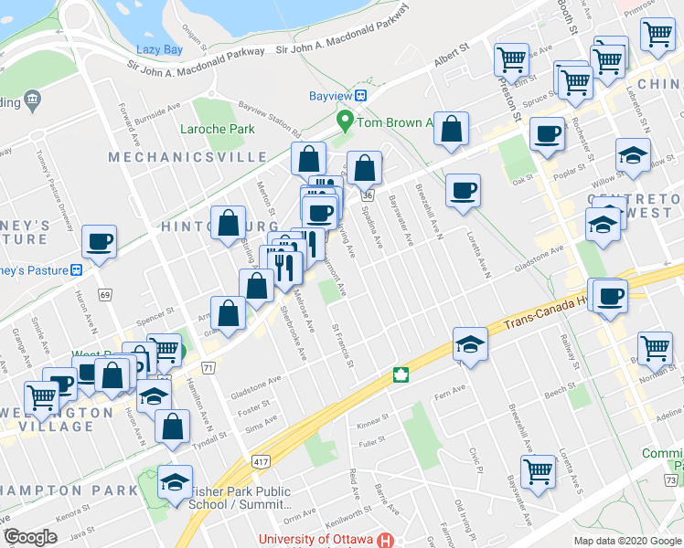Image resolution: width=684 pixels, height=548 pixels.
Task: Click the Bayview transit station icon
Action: [362, 95]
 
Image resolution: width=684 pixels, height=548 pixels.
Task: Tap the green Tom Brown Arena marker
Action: [345, 121]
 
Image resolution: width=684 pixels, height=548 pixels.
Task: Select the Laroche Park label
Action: [218, 129]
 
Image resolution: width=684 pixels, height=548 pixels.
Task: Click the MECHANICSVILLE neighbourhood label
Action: [166, 157]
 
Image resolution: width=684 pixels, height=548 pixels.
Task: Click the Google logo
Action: [30, 537]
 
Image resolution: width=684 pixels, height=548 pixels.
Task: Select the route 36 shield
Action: [367, 195]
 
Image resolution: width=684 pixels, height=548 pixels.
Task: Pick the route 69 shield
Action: [106, 294]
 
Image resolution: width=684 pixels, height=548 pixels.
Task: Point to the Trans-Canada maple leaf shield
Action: [400, 374]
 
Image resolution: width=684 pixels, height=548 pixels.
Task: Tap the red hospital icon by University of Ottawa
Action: [387, 540]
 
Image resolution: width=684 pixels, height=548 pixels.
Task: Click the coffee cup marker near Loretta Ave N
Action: [462, 190]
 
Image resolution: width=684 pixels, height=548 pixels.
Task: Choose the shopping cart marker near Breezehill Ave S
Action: [538, 471]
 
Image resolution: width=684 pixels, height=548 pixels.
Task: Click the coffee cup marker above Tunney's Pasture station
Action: [99, 241]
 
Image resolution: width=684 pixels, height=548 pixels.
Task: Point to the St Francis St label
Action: [343, 345]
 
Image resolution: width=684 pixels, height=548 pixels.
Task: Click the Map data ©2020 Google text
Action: [626, 541]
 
